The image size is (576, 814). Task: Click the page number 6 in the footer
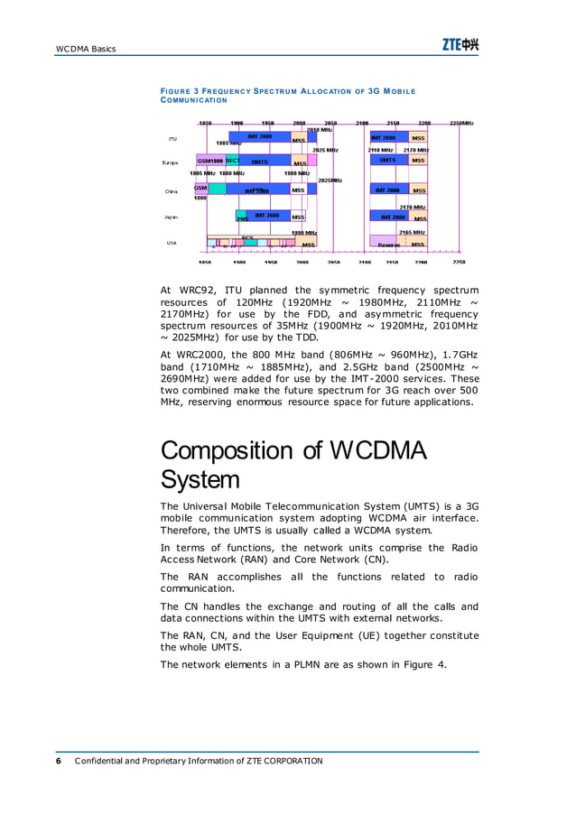coord(59,761)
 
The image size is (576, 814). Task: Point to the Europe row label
coord(170,162)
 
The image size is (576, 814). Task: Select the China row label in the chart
coord(171,191)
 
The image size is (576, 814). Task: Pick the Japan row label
coord(171,217)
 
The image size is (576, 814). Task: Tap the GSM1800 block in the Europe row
coord(210,161)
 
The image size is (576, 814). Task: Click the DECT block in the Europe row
coord(232,161)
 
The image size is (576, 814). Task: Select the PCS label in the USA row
coord(246,237)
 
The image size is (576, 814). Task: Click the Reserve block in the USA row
coord(388,244)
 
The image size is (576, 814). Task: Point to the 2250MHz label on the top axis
coord(461,122)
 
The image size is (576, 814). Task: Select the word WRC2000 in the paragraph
coord(202,367)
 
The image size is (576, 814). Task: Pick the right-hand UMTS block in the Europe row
coord(387,161)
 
